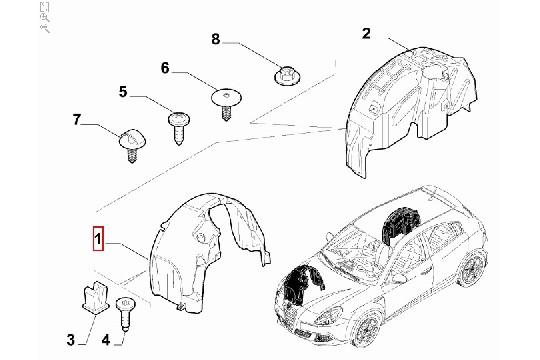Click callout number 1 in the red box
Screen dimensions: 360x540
pyautogui.click(x=97, y=241)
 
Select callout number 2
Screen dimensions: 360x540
pyautogui.click(x=366, y=34)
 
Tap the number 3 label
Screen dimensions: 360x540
pyautogui.click(x=70, y=341)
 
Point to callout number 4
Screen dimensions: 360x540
pyautogui.click(x=105, y=341)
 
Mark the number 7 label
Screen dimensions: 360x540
pyautogui.click(x=75, y=122)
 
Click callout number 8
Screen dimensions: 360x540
pyautogui.click(x=214, y=40)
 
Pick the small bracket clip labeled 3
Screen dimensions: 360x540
pyautogui.click(x=90, y=297)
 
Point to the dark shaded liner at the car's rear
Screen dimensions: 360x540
pyautogui.click(x=400, y=222)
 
